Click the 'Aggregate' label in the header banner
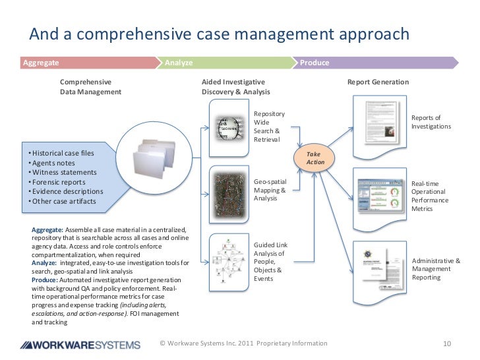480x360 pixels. (x=41, y=63)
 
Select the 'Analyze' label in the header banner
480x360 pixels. (x=179, y=63)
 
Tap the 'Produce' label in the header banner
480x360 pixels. (x=315, y=63)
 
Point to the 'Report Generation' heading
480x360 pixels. (x=378, y=82)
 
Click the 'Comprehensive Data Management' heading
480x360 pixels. (x=91, y=87)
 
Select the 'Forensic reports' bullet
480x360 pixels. (x=59, y=182)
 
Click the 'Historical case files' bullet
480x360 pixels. (x=63, y=154)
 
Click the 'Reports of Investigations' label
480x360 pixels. (x=431, y=122)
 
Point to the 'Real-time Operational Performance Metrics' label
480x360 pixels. (x=430, y=196)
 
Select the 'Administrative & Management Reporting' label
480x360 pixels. (x=436, y=269)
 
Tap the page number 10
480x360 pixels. (x=446, y=344)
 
